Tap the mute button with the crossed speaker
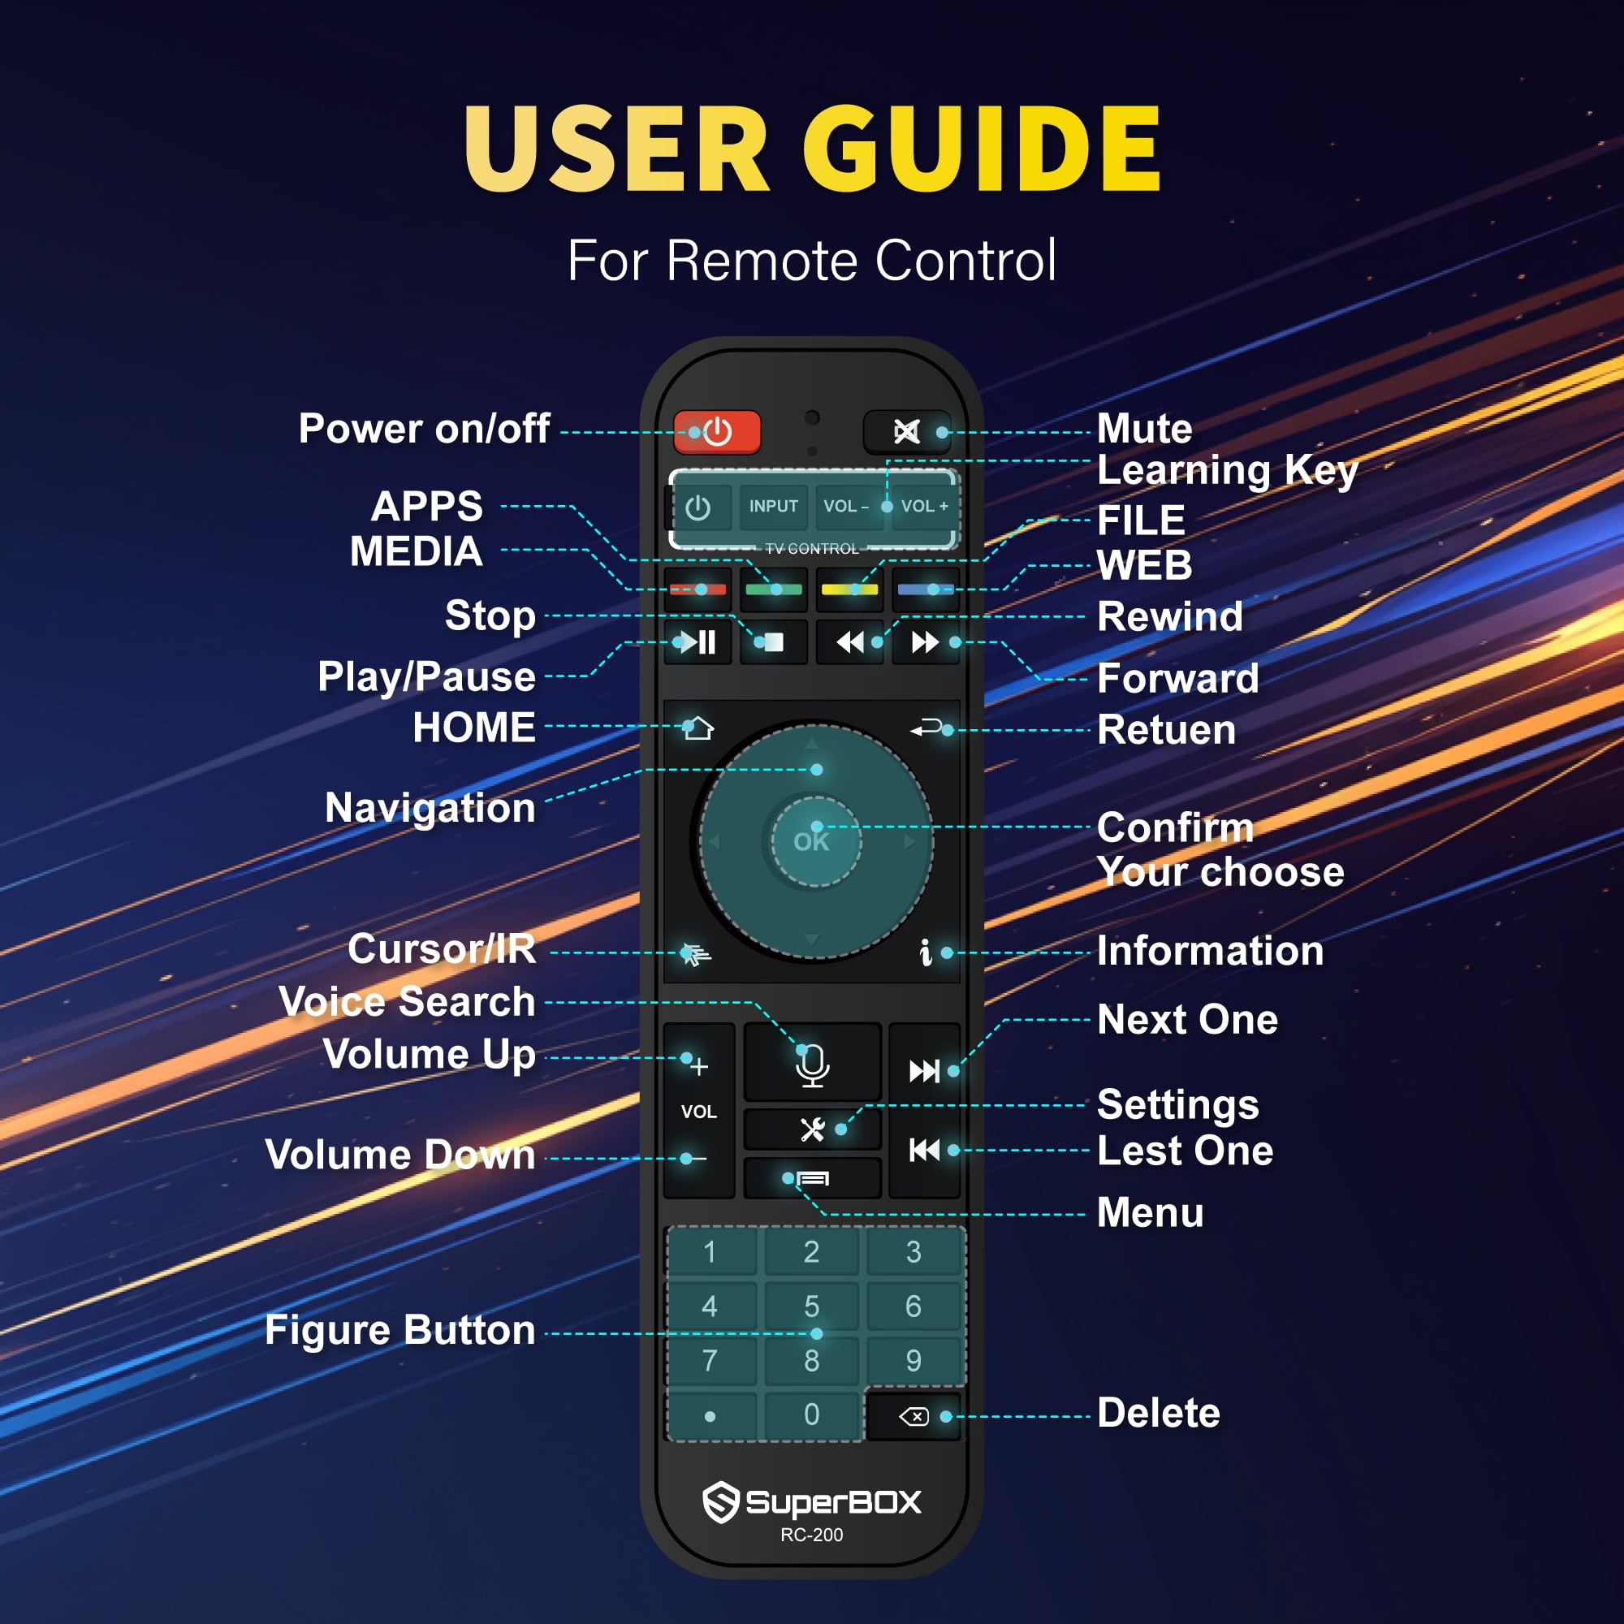click(x=907, y=432)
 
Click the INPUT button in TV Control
click(x=773, y=506)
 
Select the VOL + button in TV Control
click(x=924, y=506)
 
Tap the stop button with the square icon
click(x=773, y=643)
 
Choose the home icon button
click(x=697, y=728)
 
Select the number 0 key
click(x=811, y=1414)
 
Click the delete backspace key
click(x=913, y=1416)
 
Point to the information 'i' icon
click(x=926, y=952)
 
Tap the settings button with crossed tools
click(x=812, y=1129)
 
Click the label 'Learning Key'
click(x=1228, y=471)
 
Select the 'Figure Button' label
click(x=400, y=1330)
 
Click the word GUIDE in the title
click(x=983, y=149)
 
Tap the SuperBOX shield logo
click(x=720, y=1501)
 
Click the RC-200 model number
click(x=811, y=1535)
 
